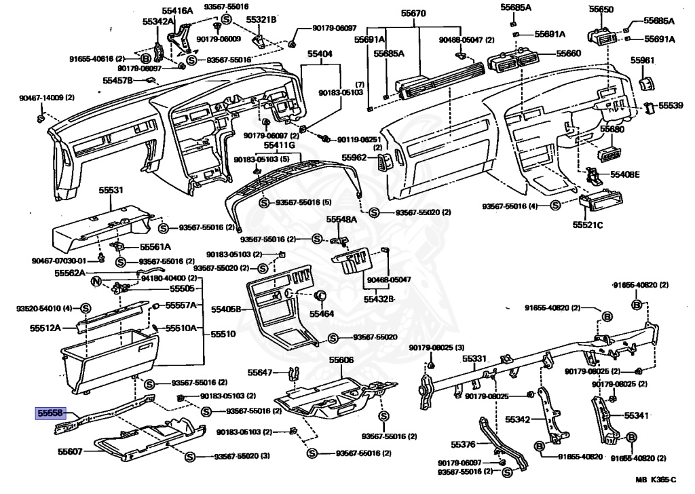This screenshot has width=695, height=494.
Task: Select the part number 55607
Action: [70, 451]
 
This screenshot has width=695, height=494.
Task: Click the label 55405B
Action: [226, 309]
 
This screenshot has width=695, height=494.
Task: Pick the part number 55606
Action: [341, 360]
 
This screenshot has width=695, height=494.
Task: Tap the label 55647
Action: [260, 373]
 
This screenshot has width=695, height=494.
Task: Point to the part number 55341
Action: [637, 415]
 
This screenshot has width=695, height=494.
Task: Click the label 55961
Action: [641, 60]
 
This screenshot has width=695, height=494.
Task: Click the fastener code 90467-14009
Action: [43, 98]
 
